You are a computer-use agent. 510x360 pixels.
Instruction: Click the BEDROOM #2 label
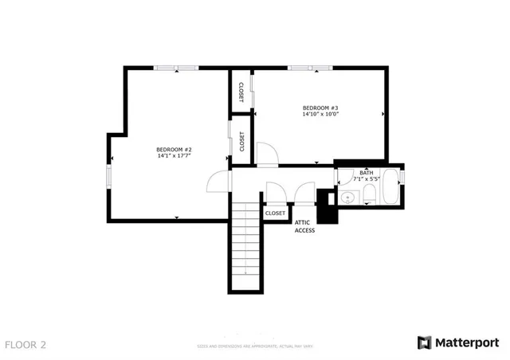click(x=174, y=150)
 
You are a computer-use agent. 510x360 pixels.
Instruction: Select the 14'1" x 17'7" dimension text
click(x=174, y=156)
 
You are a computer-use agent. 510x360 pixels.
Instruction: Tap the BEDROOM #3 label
click(x=320, y=108)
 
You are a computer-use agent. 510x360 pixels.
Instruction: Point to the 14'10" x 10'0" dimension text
click(x=320, y=115)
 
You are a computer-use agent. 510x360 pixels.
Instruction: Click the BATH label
click(x=366, y=173)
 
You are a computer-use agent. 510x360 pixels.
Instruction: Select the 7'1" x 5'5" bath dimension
click(x=366, y=179)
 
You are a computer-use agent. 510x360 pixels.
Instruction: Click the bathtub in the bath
click(x=393, y=188)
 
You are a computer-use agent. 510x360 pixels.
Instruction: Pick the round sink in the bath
click(x=347, y=196)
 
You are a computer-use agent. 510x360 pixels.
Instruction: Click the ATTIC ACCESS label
click(x=305, y=226)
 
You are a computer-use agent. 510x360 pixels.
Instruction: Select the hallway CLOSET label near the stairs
click(x=275, y=213)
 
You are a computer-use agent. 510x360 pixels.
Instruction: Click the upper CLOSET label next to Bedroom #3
click(x=241, y=92)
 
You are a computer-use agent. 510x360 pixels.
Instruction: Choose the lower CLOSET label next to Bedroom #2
click(x=241, y=142)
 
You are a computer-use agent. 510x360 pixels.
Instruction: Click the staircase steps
click(x=245, y=247)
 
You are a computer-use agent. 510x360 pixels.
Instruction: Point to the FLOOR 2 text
click(x=25, y=345)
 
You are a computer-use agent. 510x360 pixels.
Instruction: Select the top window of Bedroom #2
click(x=176, y=68)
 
